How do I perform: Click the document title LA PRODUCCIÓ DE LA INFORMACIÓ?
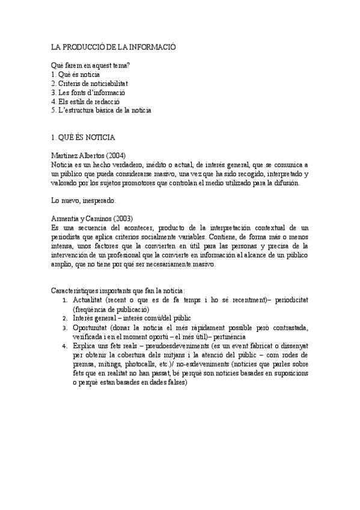114,46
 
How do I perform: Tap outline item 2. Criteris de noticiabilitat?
90,83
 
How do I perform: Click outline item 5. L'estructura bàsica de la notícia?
102,110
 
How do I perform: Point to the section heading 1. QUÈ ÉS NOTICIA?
87,137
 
